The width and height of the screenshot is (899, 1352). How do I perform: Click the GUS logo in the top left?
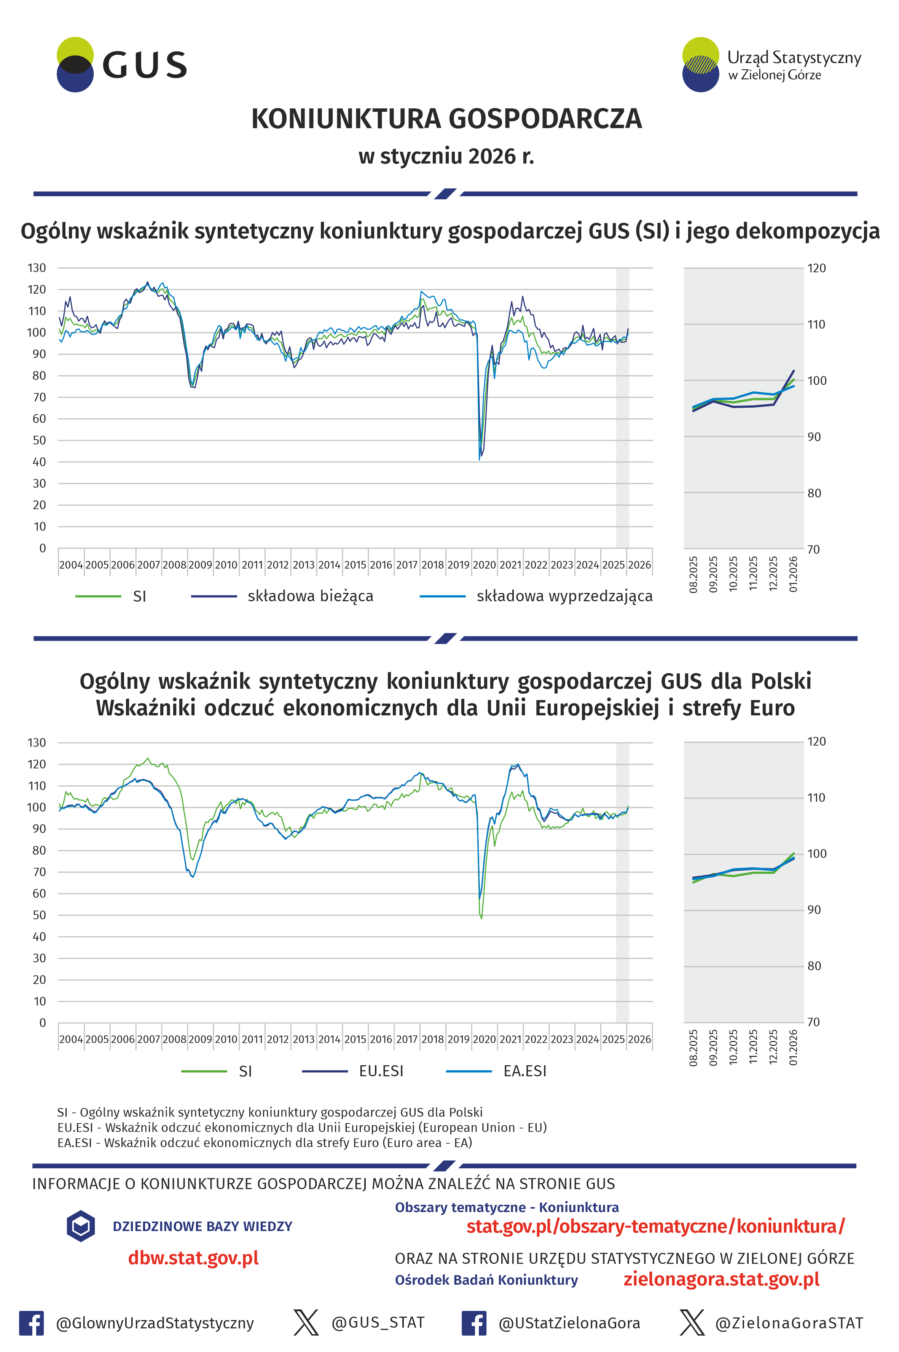tap(121, 65)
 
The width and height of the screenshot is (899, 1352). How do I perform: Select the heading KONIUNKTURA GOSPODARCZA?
tap(446, 119)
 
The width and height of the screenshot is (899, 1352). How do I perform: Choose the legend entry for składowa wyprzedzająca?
tap(564, 596)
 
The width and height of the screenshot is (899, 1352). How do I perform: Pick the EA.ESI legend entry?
tap(524, 1071)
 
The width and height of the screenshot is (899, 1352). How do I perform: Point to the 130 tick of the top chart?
tap(37, 268)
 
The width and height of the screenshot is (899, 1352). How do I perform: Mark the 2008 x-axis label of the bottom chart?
tap(174, 1039)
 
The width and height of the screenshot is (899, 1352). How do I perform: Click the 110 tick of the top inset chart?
tap(816, 325)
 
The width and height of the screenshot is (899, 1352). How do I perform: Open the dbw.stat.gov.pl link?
tap(193, 1258)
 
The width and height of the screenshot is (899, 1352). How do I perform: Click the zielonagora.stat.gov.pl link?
tap(721, 1280)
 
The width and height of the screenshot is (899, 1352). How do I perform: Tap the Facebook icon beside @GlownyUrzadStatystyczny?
tap(32, 1323)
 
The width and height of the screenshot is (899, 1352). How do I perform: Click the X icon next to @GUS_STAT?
tap(306, 1323)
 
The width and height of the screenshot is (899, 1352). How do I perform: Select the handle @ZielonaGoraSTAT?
tap(789, 1323)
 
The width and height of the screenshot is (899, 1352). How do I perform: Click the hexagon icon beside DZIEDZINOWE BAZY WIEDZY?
tap(81, 1226)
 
